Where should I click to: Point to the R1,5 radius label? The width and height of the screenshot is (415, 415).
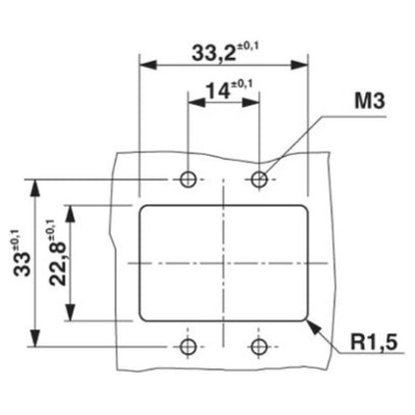(x=372, y=343)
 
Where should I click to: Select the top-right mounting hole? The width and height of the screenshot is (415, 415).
(x=260, y=180)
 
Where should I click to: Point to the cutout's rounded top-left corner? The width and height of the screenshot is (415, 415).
(x=143, y=208)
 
